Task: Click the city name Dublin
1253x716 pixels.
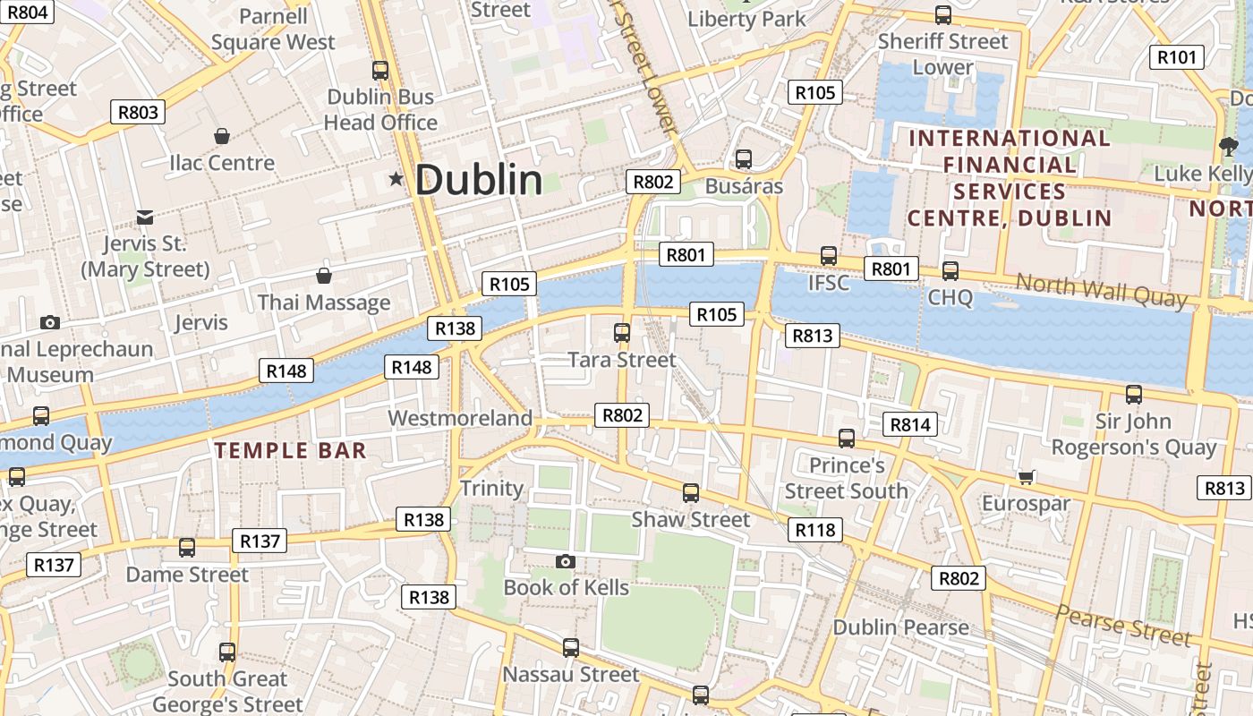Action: (x=478, y=180)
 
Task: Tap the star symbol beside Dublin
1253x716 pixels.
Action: (x=396, y=179)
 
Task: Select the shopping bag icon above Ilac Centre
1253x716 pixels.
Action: (x=222, y=136)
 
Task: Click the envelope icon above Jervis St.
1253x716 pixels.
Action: (x=145, y=217)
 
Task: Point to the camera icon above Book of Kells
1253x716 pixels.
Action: (x=566, y=561)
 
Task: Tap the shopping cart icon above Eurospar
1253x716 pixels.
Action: (x=1026, y=476)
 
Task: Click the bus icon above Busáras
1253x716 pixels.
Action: (x=743, y=159)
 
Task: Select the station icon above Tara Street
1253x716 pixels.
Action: (x=622, y=333)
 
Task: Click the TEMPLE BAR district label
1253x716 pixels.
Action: (x=291, y=450)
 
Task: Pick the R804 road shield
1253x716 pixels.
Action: (x=26, y=12)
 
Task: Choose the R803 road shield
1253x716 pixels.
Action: (x=138, y=112)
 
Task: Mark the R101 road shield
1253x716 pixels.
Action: (x=1175, y=57)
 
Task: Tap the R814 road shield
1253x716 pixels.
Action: (x=910, y=424)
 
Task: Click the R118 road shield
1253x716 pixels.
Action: (x=815, y=530)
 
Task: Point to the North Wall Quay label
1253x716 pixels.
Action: (x=1101, y=291)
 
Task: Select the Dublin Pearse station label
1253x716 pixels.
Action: (x=900, y=626)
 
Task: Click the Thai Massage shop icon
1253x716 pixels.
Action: (x=324, y=276)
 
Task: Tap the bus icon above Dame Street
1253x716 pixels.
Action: (x=187, y=547)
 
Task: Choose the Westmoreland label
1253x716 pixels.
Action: (x=460, y=418)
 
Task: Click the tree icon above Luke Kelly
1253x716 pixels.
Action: (x=1228, y=146)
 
